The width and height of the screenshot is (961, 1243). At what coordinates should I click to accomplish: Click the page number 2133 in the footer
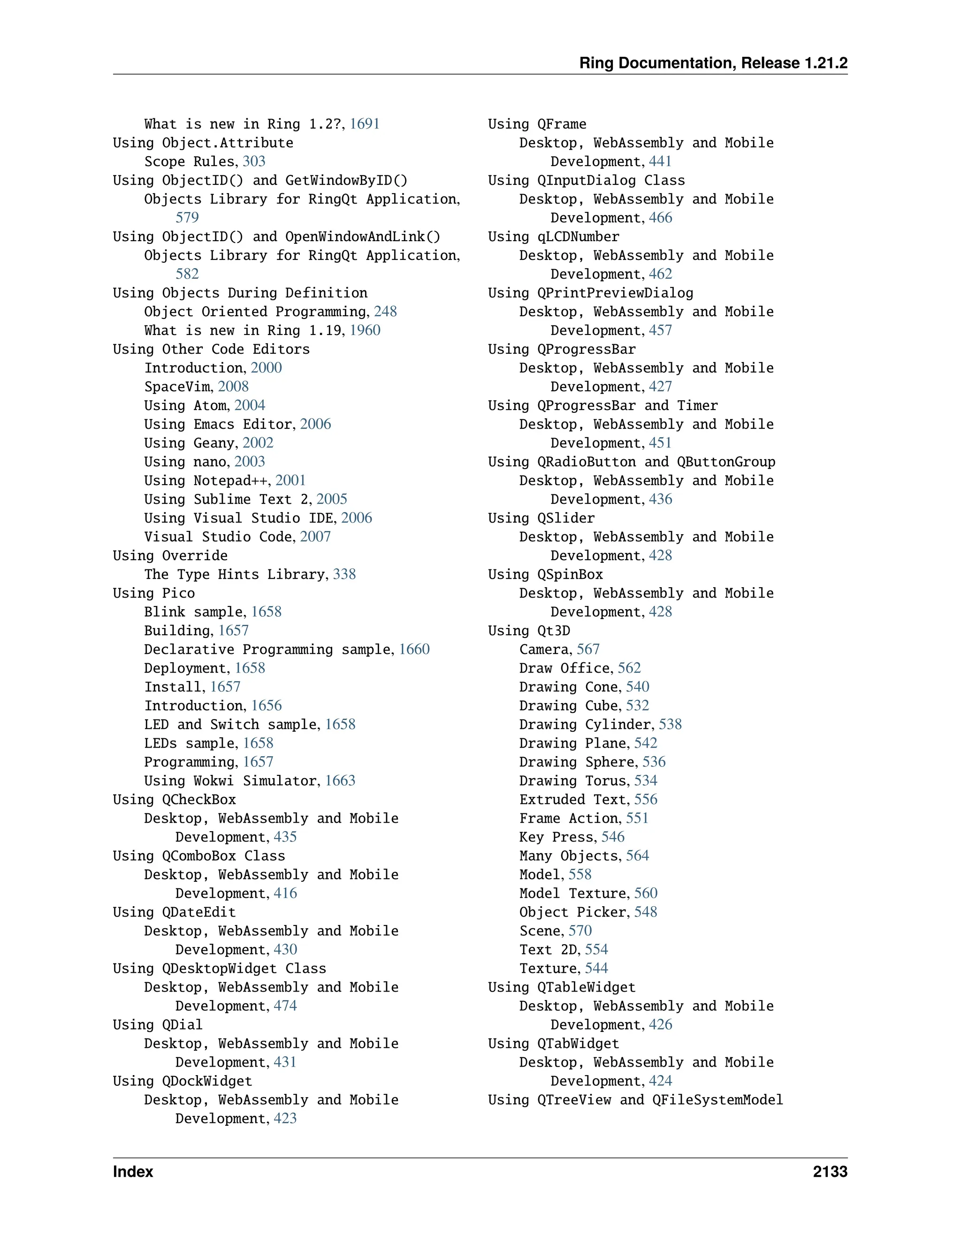click(830, 1171)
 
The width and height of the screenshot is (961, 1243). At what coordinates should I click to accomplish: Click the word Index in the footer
click(133, 1171)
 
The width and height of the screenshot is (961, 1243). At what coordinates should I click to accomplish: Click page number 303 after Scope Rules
click(254, 162)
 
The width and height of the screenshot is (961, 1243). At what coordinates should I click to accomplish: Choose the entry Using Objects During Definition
click(240, 293)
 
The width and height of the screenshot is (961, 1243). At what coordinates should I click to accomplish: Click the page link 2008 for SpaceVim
click(233, 387)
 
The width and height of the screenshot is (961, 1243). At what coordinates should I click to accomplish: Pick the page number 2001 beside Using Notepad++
click(290, 481)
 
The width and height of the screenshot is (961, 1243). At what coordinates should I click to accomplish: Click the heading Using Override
click(170, 555)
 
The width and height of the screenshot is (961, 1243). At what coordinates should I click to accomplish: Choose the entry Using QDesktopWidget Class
click(219, 969)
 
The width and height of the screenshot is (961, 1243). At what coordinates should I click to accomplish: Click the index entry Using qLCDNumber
click(553, 237)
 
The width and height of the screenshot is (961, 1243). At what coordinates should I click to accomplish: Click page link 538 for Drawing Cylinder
click(670, 725)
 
